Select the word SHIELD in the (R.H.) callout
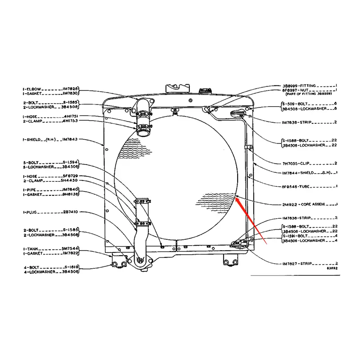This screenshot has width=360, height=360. click(x=32, y=139)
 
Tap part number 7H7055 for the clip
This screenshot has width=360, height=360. click(x=290, y=162)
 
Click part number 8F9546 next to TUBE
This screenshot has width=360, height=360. click(x=290, y=186)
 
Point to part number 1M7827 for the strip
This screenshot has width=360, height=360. click(x=290, y=263)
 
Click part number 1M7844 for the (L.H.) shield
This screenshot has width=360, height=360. click(x=290, y=173)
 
